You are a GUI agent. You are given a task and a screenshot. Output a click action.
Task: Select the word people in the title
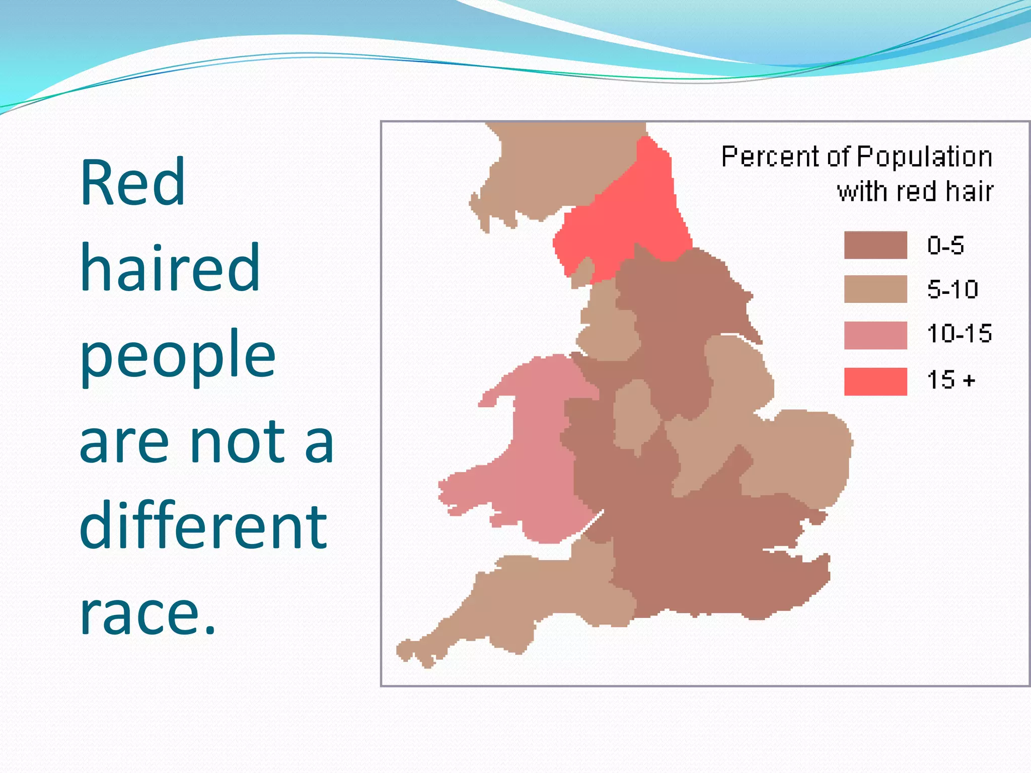pyautogui.click(x=178, y=355)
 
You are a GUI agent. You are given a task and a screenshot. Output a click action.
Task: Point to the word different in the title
pyautogui.click(x=203, y=526)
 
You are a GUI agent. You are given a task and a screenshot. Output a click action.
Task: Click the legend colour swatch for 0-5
pyautogui.click(x=875, y=245)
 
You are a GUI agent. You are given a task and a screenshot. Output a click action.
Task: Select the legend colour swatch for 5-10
pyautogui.click(x=875, y=289)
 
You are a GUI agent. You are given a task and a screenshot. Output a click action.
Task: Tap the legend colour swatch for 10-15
pyautogui.click(x=875, y=335)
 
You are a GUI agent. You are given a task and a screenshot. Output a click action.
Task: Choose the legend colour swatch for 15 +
pyautogui.click(x=875, y=381)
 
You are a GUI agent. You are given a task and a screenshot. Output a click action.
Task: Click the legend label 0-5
pyautogui.click(x=945, y=246)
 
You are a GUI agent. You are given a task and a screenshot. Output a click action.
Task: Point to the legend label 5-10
pyautogui.click(x=952, y=289)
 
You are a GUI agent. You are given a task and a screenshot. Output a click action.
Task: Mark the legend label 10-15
pyautogui.click(x=959, y=334)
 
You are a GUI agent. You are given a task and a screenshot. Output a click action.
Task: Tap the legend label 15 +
pyautogui.click(x=950, y=379)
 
